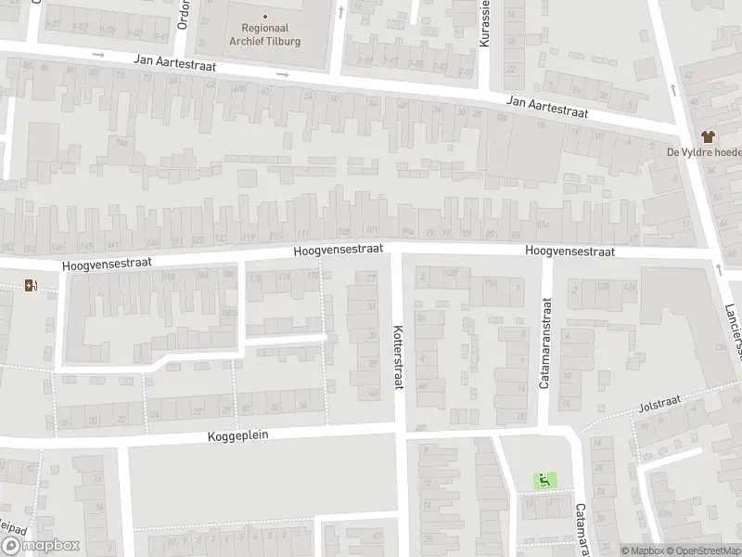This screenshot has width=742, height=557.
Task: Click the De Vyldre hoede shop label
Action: coord(703,152)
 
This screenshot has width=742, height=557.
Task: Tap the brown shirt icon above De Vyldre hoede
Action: coord(714,136)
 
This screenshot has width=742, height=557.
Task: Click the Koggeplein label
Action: coord(243,434)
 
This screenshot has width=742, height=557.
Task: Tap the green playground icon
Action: coord(544,479)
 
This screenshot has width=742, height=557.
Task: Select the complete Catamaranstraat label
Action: coord(546,343)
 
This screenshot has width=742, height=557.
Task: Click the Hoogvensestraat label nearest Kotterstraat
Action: coord(338,252)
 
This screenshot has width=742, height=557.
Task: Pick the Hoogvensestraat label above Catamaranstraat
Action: coord(569,251)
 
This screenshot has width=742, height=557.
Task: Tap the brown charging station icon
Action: coord(32,285)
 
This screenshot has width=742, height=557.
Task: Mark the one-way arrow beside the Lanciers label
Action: coord(718,269)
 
